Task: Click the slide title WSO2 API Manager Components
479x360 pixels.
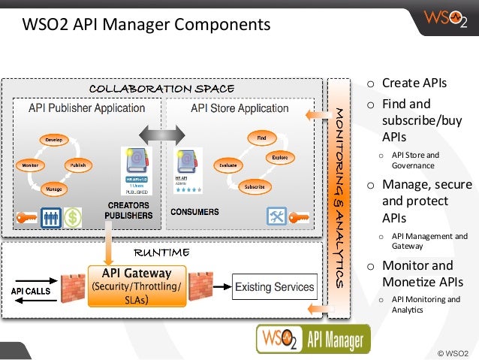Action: [146, 25]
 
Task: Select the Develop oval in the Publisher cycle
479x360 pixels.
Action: [53, 140]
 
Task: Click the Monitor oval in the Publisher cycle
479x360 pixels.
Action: [29, 164]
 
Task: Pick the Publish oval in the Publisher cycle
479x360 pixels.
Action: [77, 164]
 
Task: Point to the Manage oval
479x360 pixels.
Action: [53, 188]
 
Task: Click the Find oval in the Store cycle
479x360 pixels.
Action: [261, 138]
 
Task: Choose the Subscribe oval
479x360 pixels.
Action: [254, 186]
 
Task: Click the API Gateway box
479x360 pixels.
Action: [136, 285]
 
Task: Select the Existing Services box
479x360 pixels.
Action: [275, 287]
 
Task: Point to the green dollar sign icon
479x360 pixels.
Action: [73, 217]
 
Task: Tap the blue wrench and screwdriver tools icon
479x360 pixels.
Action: [277, 217]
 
